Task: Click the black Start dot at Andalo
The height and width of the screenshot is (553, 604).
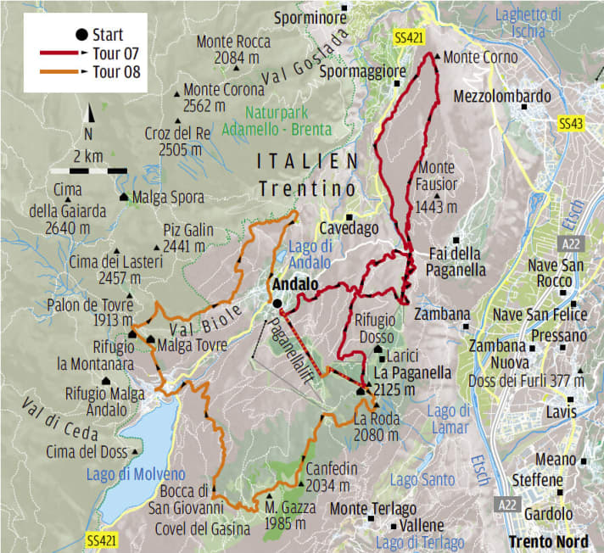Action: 277,303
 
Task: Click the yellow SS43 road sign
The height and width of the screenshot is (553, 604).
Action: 572,124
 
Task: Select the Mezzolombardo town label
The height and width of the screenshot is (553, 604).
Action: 502,97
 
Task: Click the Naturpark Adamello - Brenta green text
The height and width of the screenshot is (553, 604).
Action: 276,121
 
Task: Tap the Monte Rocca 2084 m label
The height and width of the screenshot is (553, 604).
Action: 233,49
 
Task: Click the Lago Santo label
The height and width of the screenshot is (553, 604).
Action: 422,479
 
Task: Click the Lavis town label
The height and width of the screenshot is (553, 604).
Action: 561,411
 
